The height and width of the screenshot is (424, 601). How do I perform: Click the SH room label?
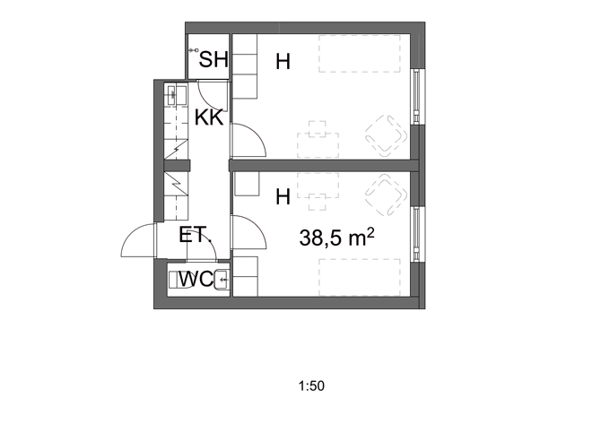(x=213, y=60)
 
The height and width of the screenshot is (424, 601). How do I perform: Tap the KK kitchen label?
(x=209, y=117)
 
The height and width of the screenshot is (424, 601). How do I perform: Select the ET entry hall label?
(x=193, y=236)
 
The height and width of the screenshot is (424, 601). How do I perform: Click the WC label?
(x=195, y=280)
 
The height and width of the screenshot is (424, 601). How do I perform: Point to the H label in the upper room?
(x=283, y=62)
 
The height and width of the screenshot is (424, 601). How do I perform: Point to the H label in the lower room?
(x=283, y=196)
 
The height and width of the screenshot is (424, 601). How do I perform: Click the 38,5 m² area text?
(x=335, y=238)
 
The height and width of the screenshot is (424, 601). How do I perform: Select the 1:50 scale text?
(x=309, y=387)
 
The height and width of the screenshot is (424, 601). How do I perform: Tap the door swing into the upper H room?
(x=248, y=141)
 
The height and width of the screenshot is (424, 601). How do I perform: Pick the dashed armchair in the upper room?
(x=387, y=135)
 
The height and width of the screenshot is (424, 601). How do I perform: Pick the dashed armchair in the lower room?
(x=387, y=195)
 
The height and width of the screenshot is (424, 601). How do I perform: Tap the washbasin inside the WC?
(x=221, y=281)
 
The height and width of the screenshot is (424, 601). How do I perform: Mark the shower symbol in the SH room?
(x=192, y=51)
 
